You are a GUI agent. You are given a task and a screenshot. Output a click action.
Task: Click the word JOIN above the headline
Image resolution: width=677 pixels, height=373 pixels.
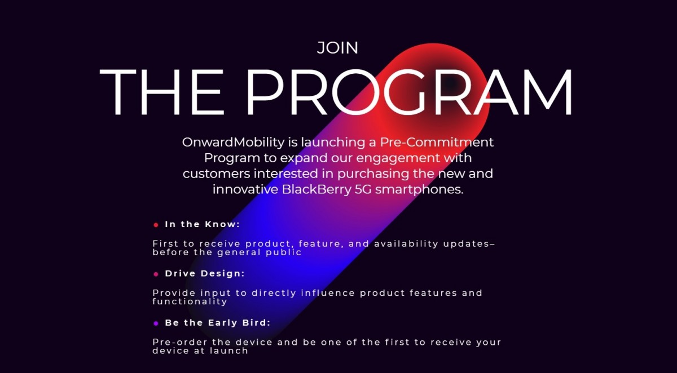coord(337,48)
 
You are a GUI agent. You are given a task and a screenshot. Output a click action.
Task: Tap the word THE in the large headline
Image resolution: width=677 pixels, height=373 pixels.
coord(164,92)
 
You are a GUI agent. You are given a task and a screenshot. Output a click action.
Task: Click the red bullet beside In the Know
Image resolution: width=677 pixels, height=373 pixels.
coord(156,225)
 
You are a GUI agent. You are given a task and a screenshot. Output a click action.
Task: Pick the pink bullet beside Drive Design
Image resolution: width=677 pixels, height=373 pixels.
coord(156,274)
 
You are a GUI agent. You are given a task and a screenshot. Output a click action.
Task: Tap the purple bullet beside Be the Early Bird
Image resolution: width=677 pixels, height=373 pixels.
coord(156,323)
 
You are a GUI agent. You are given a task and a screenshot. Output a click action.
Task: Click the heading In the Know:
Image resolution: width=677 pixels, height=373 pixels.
coord(203,224)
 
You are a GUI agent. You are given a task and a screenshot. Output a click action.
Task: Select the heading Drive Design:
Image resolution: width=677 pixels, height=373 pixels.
coord(205,273)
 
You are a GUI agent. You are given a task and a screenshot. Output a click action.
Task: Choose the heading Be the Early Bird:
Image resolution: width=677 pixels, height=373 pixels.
coord(218,323)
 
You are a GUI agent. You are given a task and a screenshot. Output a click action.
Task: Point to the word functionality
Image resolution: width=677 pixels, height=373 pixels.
coord(190,301)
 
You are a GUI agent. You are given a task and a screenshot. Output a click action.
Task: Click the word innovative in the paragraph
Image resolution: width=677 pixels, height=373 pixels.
coord(245,189)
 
